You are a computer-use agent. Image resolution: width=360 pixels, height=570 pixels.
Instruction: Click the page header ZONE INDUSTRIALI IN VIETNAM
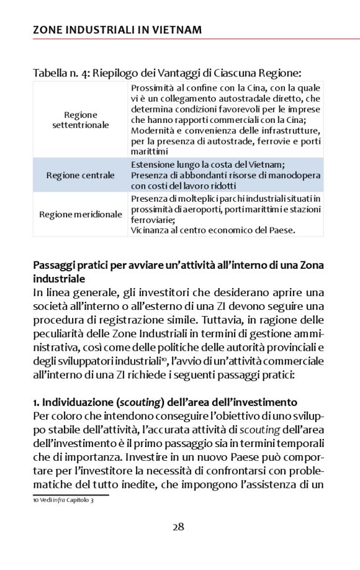(117, 30)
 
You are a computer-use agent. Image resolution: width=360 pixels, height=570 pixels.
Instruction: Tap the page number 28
(178, 527)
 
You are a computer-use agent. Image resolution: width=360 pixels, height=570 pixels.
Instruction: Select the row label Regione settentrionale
(81, 120)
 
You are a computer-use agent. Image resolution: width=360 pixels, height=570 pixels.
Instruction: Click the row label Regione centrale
(81, 175)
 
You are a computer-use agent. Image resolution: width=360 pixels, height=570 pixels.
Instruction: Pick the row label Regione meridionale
(81, 214)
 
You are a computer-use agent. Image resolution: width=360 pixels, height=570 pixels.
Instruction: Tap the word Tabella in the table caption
(52, 73)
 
